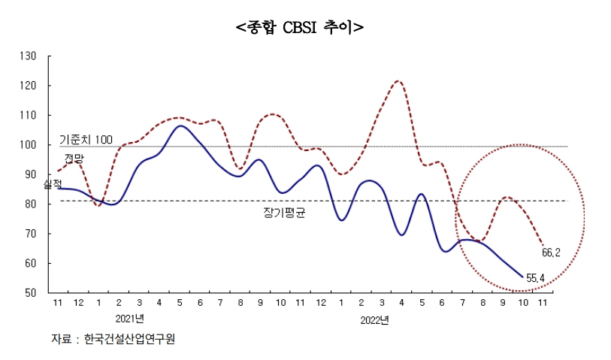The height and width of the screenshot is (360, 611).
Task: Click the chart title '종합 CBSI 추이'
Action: [x=299, y=27]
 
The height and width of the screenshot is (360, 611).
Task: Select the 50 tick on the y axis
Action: [x=31, y=293]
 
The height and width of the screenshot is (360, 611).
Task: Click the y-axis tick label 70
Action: [x=31, y=234]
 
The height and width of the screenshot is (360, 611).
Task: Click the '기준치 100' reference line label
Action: [x=86, y=140]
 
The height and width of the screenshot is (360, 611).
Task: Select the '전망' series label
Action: [x=74, y=158]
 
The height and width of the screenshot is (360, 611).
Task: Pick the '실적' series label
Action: [x=53, y=184]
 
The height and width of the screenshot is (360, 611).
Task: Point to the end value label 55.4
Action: [x=535, y=279]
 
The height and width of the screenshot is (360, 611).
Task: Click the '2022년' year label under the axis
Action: [x=373, y=320]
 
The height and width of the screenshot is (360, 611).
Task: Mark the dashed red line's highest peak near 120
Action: [x=398, y=81]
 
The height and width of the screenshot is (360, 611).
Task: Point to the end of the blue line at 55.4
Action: [x=523, y=277]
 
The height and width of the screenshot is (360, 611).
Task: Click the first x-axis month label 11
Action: [x=58, y=303]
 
